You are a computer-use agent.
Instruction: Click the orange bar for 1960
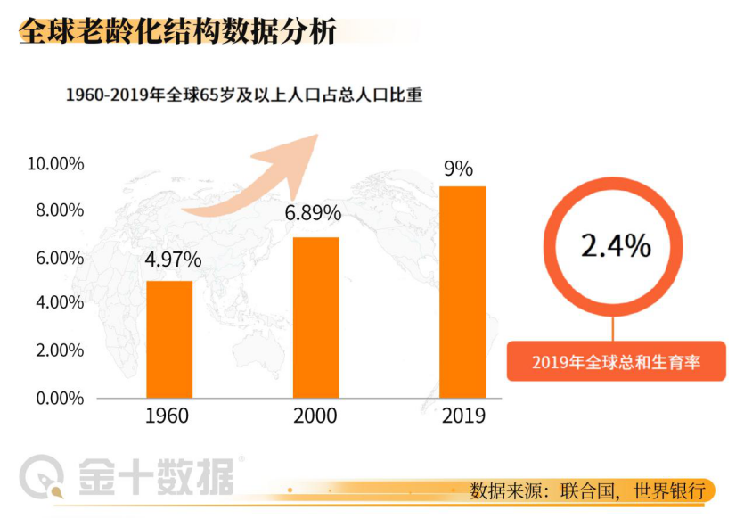tap(169, 339)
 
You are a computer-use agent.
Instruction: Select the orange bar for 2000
tap(315, 317)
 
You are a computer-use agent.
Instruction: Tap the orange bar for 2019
tap(462, 292)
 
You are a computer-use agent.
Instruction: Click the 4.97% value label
tap(173, 260)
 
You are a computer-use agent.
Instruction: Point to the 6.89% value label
tap(313, 213)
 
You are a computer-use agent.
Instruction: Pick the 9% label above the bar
tap(458, 168)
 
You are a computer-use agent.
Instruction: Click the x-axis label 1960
tap(167, 416)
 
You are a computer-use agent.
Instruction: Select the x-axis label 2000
tap(315, 416)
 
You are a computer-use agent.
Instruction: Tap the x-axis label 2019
tap(463, 416)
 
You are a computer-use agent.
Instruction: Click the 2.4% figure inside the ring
tap(616, 245)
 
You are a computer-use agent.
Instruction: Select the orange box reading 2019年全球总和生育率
tap(616, 362)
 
